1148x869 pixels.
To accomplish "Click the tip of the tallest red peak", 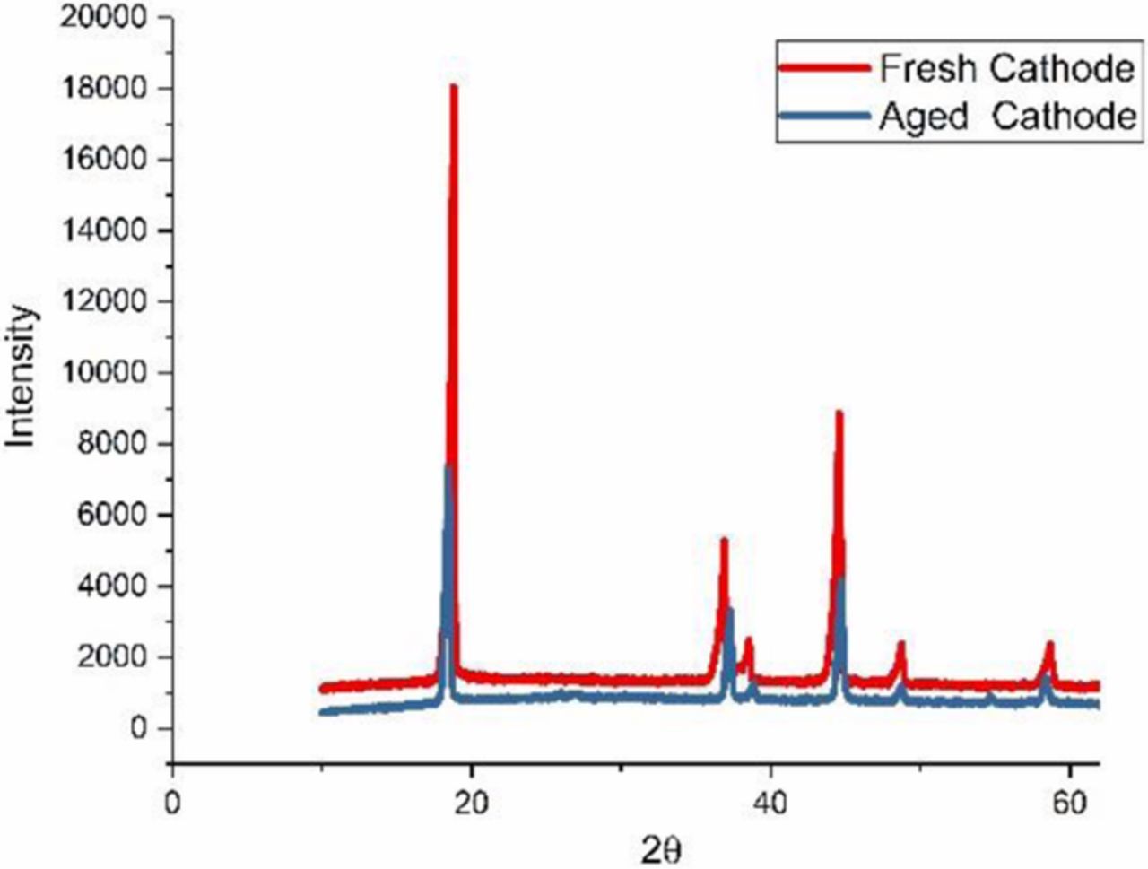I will (x=454, y=87).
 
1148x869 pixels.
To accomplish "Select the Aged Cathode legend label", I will (x=1006, y=117).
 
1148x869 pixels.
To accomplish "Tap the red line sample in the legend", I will (x=824, y=69).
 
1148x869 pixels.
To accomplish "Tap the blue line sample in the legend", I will (x=824, y=117).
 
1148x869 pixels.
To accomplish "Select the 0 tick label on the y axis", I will (x=139, y=728).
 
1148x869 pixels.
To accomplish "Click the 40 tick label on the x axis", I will (x=770, y=801).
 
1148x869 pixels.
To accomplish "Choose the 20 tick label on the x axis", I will (x=471, y=801).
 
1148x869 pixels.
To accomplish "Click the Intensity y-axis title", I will (x=22, y=376).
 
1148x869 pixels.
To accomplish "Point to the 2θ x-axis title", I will (x=666, y=849).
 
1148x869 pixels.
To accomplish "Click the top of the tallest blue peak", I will (x=448, y=466).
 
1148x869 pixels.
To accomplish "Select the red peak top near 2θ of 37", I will (x=724, y=540).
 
